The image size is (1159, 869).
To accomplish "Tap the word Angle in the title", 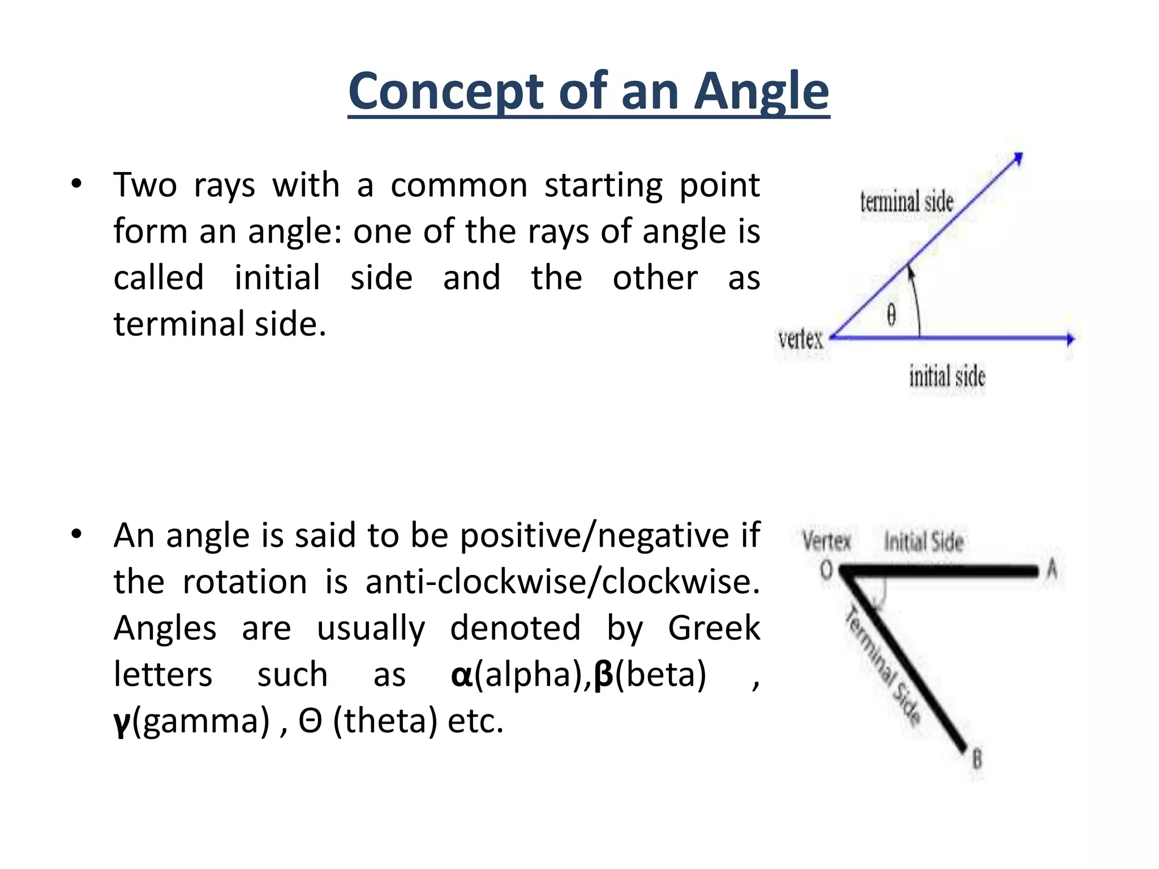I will point(761,93).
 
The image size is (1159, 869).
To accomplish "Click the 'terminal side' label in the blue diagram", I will point(907,202).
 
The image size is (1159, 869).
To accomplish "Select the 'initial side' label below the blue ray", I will point(947,376).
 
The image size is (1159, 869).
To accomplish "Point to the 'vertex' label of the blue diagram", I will point(800,339).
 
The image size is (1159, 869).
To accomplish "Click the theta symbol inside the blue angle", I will point(891,315).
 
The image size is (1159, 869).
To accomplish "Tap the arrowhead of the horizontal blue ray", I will point(1070,339).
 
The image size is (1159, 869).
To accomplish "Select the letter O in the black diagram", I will point(827,570).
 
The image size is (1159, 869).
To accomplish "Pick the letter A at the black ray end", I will point(1051,569).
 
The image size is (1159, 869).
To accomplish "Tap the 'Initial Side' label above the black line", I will point(924,541).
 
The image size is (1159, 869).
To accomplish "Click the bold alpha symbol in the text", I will point(461,675).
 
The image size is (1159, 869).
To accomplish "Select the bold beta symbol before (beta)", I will point(604,675).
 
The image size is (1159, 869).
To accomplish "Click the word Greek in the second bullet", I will point(714,628).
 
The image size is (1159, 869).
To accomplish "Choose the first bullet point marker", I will point(76,184).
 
